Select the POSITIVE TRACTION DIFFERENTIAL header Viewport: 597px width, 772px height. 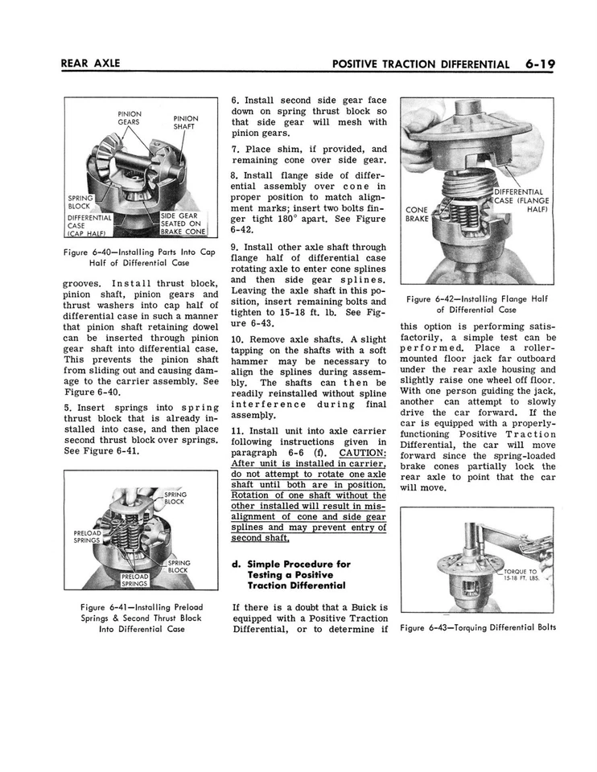[x=414, y=64]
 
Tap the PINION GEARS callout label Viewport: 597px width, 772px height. [x=130, y=118]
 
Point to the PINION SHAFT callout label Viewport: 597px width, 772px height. [x=186, y=123]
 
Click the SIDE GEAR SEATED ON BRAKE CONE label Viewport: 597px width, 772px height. [x=183, y=224]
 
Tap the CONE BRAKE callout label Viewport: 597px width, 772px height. [x=417, y=214]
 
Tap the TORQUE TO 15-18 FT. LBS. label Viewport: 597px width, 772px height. [x=521, y=574]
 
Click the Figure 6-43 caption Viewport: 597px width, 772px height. [x=476, y=628]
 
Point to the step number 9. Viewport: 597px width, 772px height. [x=233, y=248]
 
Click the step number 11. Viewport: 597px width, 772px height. [x=237, y=430]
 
